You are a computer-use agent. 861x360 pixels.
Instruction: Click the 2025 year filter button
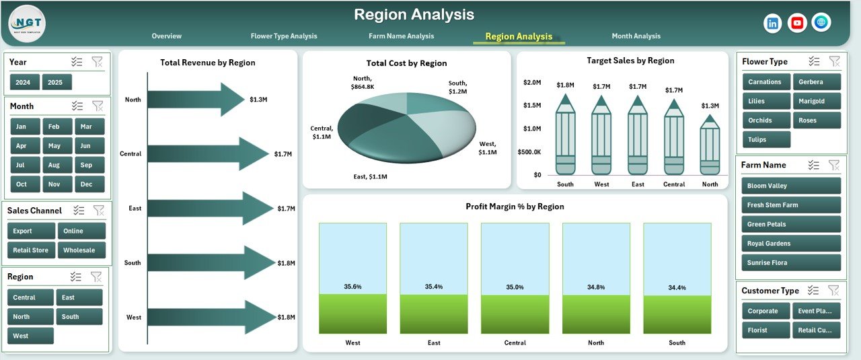tap(57, 82)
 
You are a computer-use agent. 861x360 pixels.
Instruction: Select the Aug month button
tap(54, 165)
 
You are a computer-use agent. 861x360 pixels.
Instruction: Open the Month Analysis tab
tap(636, 36)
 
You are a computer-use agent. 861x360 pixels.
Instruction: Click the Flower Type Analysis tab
tap(284, 36)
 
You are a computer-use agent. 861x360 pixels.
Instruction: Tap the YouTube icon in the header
tap(797, 23)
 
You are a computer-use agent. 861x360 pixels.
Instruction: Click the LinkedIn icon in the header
tap(773, 23)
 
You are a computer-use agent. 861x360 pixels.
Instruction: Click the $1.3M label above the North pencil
tap(710, 106)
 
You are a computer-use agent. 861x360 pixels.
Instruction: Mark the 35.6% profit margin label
tap(352, 287)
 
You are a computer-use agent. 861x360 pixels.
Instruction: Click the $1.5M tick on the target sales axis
tap(531, 106)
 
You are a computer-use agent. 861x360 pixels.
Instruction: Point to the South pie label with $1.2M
tap(458, 87)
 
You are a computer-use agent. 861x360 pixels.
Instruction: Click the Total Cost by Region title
tap(406, 63)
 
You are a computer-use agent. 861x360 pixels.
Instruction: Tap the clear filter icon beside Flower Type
tap(835, 61)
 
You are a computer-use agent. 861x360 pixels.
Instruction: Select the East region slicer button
tap(79, 297)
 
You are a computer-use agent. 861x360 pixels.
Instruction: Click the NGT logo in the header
tap(27, 24)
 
